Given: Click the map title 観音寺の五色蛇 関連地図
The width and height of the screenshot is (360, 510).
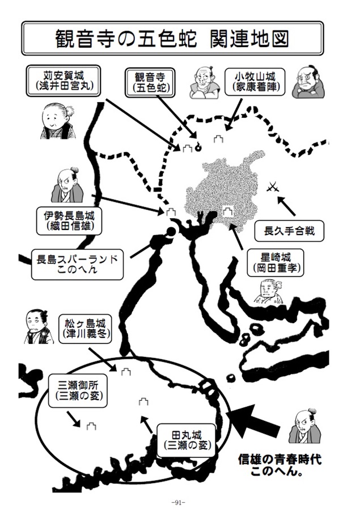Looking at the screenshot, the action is (172, 39).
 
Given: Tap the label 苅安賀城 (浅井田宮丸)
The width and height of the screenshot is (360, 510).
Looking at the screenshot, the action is (63, 81).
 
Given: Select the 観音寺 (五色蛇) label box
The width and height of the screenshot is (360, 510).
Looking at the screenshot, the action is (150, 83).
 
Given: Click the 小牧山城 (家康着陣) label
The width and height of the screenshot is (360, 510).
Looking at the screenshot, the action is (255, 82).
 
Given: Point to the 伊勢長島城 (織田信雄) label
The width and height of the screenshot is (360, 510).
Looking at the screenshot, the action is (69, 220).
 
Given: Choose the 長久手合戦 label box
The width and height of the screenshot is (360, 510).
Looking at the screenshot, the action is (289, 231).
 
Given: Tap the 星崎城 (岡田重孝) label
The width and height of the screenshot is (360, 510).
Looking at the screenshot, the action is (276, 263).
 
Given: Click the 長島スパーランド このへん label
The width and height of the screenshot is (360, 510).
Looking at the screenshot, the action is (77, 265).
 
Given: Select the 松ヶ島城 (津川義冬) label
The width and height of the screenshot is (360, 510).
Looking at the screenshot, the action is (85, 329).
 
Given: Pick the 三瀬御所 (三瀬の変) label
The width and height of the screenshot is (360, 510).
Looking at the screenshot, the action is (78, 390).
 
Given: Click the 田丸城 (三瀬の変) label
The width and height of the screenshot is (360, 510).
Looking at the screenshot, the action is (187, 440).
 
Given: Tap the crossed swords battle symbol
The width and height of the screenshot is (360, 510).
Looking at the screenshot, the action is (273, 187).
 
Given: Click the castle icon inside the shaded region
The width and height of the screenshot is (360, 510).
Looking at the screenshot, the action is (227, 211).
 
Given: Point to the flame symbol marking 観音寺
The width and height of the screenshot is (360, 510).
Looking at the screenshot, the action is (198, 148).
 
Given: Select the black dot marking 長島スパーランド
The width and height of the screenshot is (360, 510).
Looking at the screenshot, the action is (171, 232).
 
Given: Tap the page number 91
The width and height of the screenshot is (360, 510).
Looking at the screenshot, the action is (179, 503).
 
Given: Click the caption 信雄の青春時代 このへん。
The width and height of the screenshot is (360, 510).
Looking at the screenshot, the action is (279, 465).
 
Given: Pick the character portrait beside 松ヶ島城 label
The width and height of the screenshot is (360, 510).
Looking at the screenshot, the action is (39, 326).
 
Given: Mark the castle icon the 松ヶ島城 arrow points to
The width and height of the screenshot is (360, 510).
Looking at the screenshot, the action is (126, 372).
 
